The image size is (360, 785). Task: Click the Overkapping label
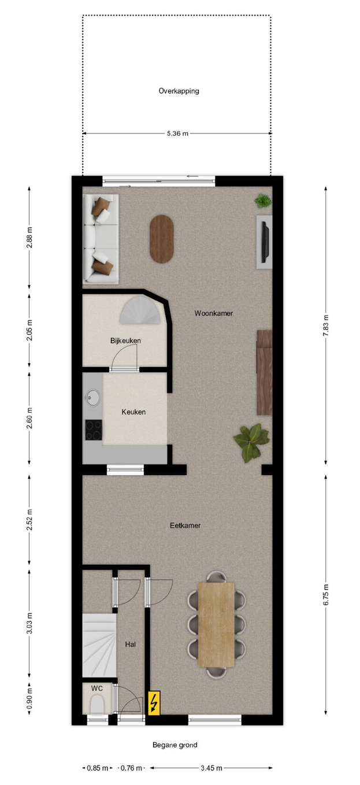179,91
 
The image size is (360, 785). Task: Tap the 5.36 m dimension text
177,134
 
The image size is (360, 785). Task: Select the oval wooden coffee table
162,239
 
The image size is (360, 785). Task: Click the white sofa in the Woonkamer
101,239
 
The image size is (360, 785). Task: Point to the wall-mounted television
265,242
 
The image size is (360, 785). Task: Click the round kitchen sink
93,398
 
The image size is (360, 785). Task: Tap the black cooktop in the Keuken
94,429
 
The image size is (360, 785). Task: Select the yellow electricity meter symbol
154,703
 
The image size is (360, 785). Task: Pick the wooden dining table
217,624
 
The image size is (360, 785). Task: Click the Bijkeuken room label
126,340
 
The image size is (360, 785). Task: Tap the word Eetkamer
185,525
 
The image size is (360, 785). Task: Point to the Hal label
130,644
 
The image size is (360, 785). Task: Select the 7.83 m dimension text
326,325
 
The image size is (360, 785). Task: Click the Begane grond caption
175,745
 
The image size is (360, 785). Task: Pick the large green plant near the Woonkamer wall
251,443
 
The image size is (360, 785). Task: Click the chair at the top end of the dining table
217,577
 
